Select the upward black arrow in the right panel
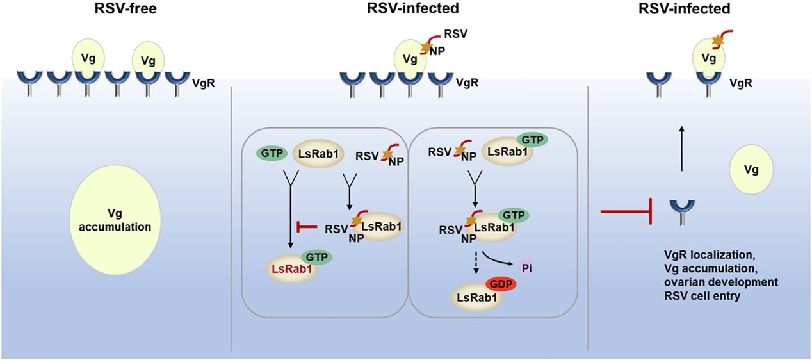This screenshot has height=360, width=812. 681,148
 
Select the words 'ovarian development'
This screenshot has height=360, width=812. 712,282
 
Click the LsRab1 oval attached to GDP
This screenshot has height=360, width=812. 475,295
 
